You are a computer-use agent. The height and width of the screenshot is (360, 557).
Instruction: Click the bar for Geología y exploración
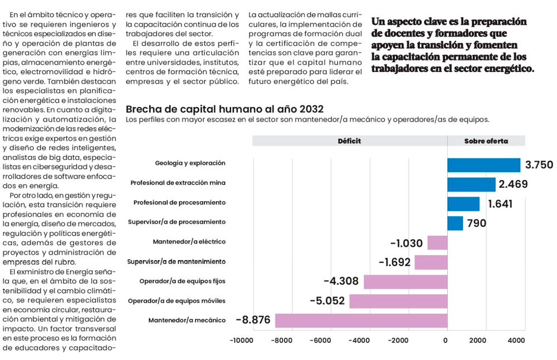[x=483, y=164]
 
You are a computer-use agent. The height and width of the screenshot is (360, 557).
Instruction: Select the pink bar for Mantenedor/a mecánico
[x=361, y=320]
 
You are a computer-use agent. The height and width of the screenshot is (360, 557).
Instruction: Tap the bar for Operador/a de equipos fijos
[x=405, y=281]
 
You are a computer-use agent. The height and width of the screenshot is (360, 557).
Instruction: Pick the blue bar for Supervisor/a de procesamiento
[x=455, y=223]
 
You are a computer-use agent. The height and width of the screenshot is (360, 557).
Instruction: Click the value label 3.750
[x=539, y=165]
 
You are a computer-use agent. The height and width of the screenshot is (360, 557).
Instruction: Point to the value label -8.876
[x=253, y=320]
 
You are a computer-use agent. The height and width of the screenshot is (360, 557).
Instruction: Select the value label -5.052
[x=328, y=301]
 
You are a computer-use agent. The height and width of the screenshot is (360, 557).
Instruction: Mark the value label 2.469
[x=513, y=184]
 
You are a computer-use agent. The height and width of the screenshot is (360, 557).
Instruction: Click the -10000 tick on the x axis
[x=243, y=340]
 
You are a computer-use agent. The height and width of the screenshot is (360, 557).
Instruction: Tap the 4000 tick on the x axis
[x=516, y=340]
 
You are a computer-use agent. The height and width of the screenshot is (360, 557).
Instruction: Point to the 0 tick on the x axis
[x=446, y=340]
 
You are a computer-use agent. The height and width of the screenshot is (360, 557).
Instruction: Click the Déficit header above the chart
[x=349, y=141]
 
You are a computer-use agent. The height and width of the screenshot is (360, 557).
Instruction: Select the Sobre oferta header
[x=486, y=141]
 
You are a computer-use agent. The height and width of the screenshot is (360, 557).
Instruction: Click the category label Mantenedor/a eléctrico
[x=189, y=242]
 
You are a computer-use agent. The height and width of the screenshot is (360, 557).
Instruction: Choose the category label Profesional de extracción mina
[x=178, y=183]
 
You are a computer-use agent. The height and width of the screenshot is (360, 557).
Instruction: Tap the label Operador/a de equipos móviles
[x=177, y=301]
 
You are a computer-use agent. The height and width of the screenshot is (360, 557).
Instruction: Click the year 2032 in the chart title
[x=311, y=109]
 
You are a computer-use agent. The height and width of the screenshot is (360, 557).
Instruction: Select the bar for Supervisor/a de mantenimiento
[x=431, y=262]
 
